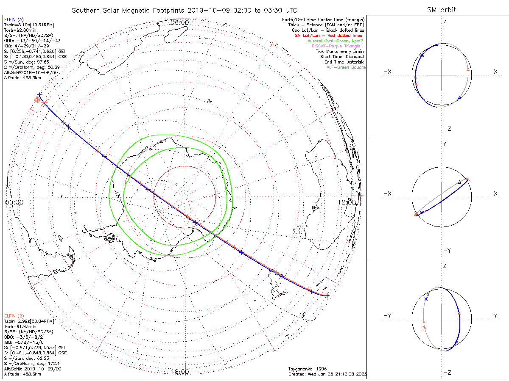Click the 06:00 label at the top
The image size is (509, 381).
180,22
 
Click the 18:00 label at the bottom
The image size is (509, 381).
180,372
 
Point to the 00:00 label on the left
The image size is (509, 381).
14,202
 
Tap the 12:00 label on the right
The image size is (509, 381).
347,202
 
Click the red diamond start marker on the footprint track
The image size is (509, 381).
37,100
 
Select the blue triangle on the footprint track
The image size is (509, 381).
282,277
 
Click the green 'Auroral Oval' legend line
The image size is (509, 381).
336,41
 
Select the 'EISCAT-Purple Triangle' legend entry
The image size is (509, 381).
338,46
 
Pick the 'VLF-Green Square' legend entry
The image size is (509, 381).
346,67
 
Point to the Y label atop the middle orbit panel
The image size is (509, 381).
445,144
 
